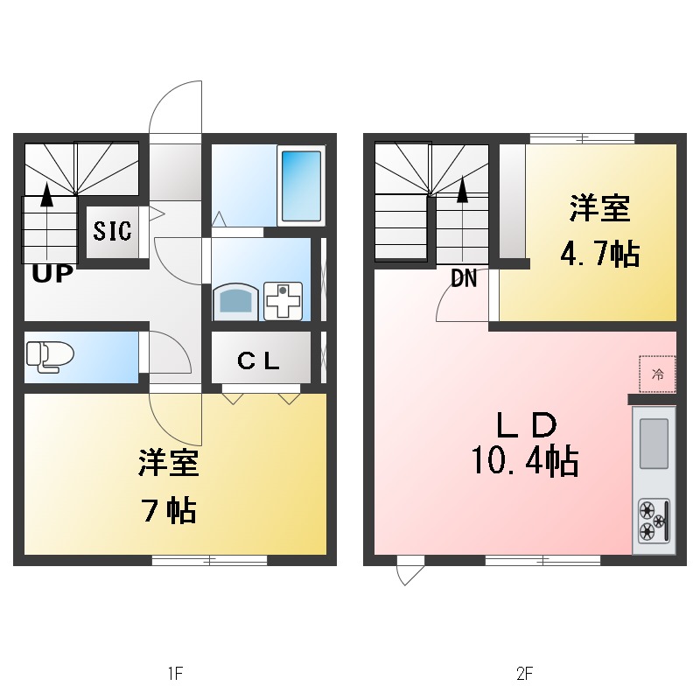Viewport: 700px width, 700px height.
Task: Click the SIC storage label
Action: tap(113, 232)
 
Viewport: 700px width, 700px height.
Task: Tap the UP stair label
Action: tap(52, 274)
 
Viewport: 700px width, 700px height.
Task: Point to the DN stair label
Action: tap(464, 279)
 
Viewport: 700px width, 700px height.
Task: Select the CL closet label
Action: tap(260, 360)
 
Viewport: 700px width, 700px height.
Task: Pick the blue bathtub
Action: tap(302, 185)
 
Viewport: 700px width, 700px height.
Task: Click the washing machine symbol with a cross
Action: tap(283, 302)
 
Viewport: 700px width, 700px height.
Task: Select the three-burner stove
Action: tap(654, 519)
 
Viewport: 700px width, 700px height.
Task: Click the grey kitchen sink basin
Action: tap(654, 443)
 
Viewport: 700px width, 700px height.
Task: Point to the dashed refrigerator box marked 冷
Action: tap(657, 374)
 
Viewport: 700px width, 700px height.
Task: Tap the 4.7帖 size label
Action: tap(599, 255)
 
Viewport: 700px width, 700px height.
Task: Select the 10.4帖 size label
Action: tap(524, 460)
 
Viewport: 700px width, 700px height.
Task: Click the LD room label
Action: tap(526, 426)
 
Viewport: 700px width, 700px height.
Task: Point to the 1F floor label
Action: tap(175, 674)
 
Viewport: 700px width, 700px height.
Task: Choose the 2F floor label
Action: tap(524, 674)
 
